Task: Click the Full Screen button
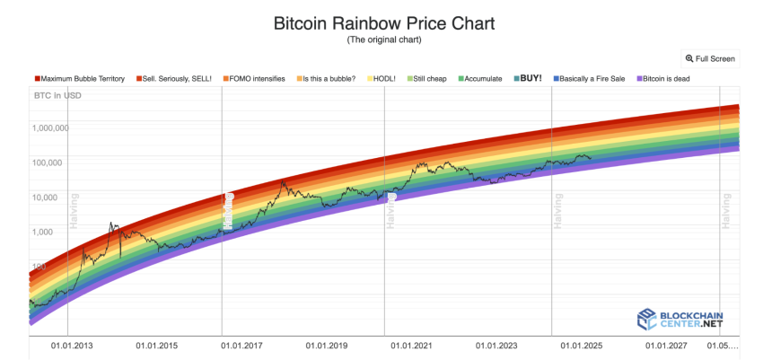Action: tap(710, 59)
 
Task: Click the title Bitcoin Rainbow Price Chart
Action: tap(384, 23)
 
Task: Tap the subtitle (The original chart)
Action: tap(384, 40)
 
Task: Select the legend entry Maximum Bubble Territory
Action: tap(80, 79)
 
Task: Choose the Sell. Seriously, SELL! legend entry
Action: tap(174, 79)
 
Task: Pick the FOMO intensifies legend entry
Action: tap(253, 79)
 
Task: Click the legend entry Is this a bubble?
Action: tap(326, 79)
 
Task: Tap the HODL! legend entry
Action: tap(382, 79)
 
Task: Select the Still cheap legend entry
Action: tap(426, 79)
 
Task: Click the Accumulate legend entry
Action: tap(480, 79)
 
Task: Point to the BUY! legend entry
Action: tap(527, 78)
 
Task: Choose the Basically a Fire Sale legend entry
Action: tap(589, 79)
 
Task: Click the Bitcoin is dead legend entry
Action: tap(663, 79)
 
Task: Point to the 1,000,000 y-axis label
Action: tap(50, 128)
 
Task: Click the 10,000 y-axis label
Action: tap(45, 198)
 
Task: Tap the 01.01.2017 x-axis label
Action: tap(241, 346)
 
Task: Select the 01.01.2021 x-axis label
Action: tap(411, 346)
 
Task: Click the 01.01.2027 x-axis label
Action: tap(666, 346)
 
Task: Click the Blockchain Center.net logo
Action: tap(680, 319)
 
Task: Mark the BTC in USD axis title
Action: tap(57, 95)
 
